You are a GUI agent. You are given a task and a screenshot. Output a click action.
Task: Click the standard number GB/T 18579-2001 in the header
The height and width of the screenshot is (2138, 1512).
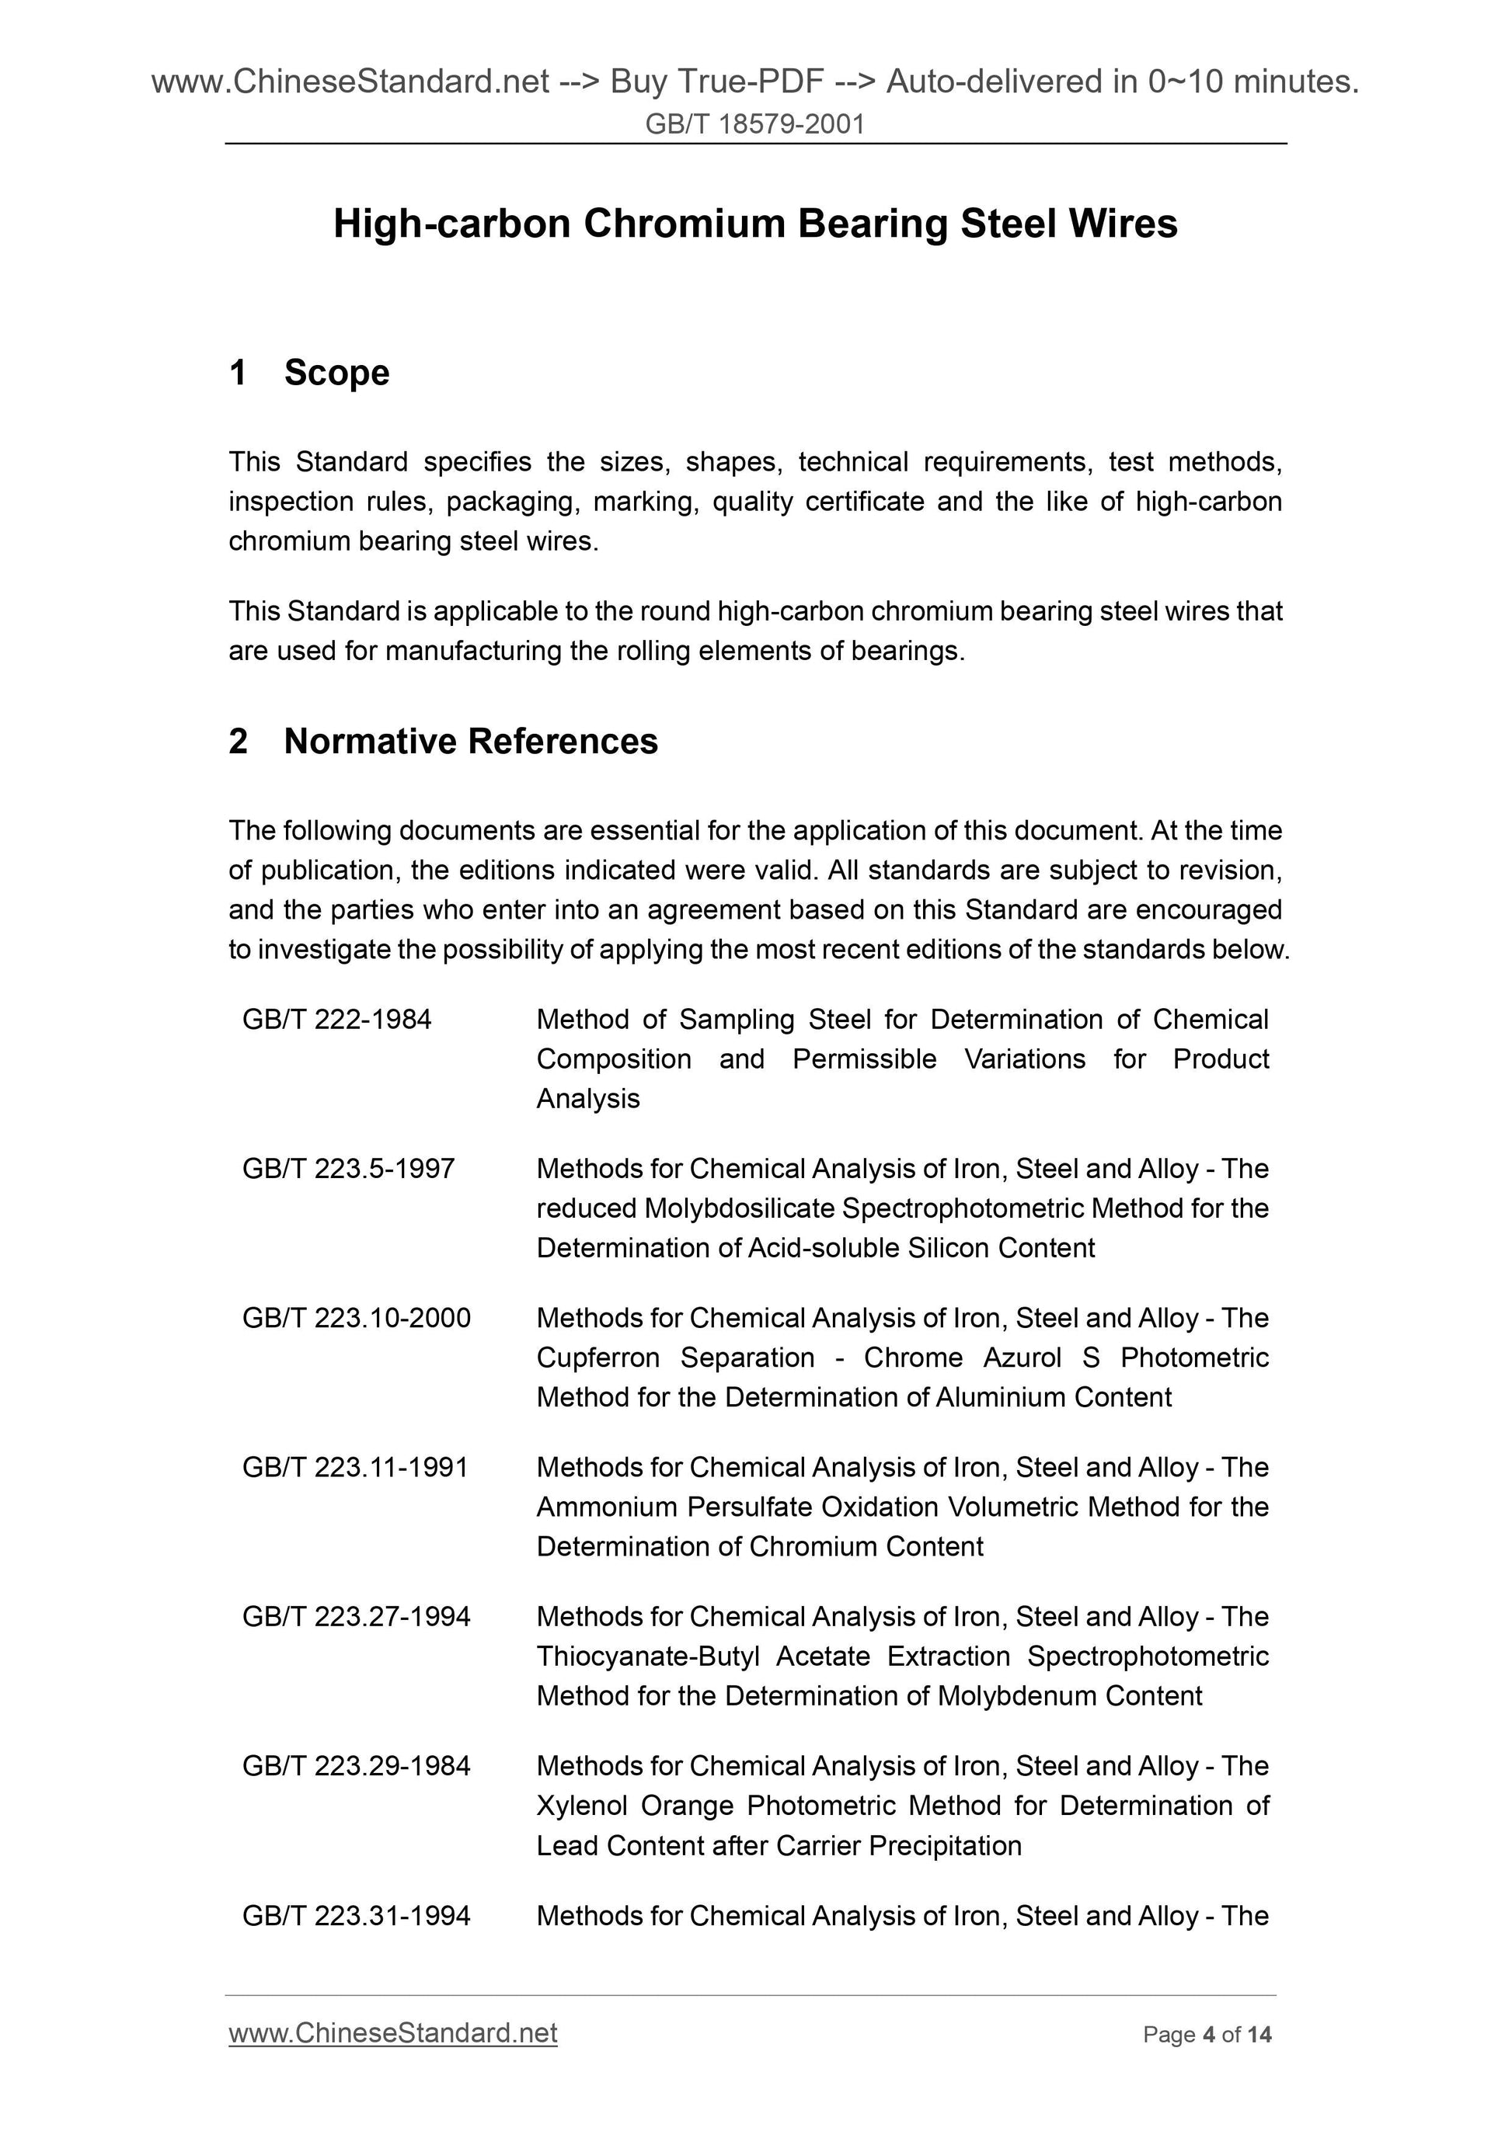tap(754, 123)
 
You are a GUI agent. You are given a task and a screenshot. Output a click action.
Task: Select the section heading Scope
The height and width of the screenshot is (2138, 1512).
tap(336, 373)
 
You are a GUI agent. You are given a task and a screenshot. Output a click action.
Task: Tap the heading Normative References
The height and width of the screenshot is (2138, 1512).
tap(471, 741)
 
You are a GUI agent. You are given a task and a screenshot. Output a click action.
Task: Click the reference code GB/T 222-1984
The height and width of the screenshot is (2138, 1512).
tap(336, 1020)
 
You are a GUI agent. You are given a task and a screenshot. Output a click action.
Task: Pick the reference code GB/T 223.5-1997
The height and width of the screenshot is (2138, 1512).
tap(348, 1169)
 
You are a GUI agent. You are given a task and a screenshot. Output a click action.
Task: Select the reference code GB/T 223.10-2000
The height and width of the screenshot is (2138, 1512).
tap(356, 1319)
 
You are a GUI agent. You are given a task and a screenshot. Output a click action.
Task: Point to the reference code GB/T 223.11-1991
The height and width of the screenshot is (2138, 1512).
tap(355, 1468)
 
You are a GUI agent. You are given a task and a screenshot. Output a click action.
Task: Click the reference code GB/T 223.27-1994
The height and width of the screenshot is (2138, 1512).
tap(356, 1617)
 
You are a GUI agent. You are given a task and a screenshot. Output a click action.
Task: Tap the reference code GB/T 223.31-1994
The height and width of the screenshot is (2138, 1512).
tap(356, 1915)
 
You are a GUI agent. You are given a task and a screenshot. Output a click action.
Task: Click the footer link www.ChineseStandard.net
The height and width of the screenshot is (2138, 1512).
tap(392, 2033)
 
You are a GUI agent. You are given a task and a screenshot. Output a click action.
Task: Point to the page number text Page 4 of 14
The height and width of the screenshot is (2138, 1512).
tap(1207, 2035)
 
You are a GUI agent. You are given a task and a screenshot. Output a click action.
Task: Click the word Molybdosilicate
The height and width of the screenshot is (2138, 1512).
tap(740, 1208)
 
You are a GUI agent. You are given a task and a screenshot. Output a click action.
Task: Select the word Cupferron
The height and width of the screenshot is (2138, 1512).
tap(597, 1358)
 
